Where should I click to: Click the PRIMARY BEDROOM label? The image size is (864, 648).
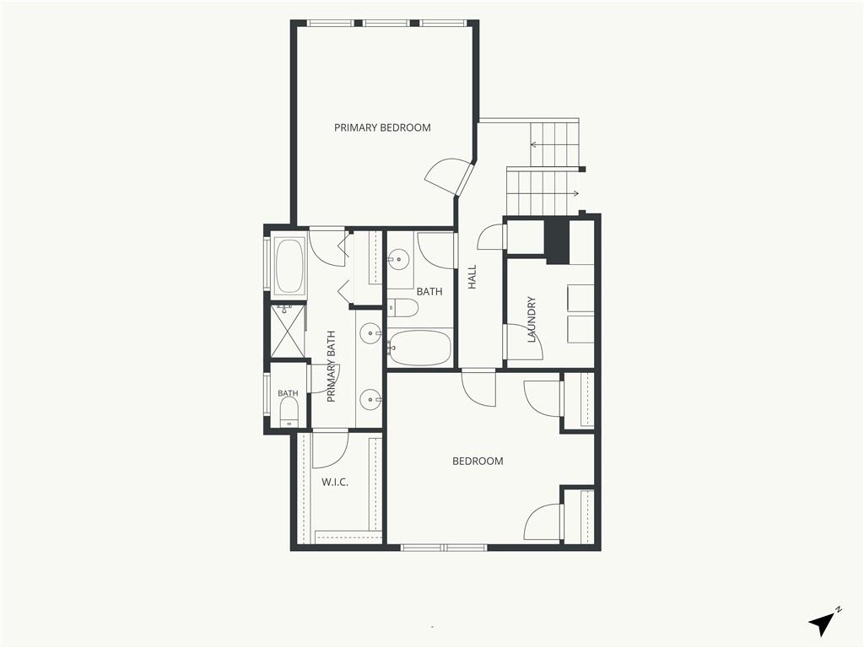point(382,128)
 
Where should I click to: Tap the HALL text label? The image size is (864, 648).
point(472,277)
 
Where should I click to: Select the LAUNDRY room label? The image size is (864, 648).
point(532,320)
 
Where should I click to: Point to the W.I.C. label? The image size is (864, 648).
point(335,482)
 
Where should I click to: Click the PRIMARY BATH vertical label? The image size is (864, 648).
point(331,366)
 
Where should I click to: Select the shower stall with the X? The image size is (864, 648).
point(288,331)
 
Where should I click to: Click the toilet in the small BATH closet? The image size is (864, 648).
point(289,412)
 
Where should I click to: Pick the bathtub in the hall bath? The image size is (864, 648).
point(419,348)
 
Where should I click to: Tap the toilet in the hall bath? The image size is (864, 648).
point(402,308)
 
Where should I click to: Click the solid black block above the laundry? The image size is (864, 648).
point(557,240)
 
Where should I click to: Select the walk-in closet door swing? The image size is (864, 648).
point(330,450)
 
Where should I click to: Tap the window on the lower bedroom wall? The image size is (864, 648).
point(444,548)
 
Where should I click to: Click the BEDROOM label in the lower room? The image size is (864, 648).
point(478,462)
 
